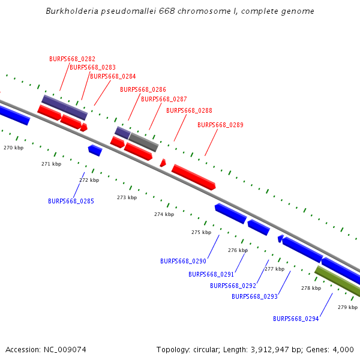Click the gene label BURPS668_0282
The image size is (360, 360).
(72, 59)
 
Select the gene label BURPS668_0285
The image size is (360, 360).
(71, 201)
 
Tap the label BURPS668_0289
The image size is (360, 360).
(220, 125)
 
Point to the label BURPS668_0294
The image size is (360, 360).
(296, 319)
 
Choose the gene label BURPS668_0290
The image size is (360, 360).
(183, 261)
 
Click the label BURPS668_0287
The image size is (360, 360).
(164, 99)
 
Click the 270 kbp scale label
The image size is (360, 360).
(13, 148)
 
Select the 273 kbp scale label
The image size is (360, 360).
(127, 197)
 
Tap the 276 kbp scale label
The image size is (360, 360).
(238, 250)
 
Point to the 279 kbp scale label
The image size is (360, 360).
(347, 307)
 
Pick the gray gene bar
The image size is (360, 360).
(143, 142)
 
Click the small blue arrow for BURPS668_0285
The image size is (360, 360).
(95, 150)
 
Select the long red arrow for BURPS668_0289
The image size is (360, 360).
(193, 177)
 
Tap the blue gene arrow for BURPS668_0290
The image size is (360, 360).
(230, 213)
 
